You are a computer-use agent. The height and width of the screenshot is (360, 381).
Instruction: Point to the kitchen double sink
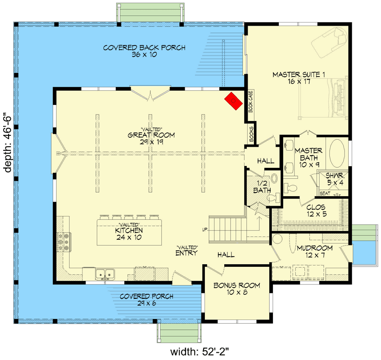(x=104, y=274)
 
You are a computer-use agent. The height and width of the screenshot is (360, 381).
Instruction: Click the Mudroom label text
(x=314, y=252)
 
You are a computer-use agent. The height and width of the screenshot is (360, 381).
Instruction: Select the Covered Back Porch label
(x=144, y=51)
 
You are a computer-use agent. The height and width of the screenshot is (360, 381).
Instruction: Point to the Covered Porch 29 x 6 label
(x=146, y=300)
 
